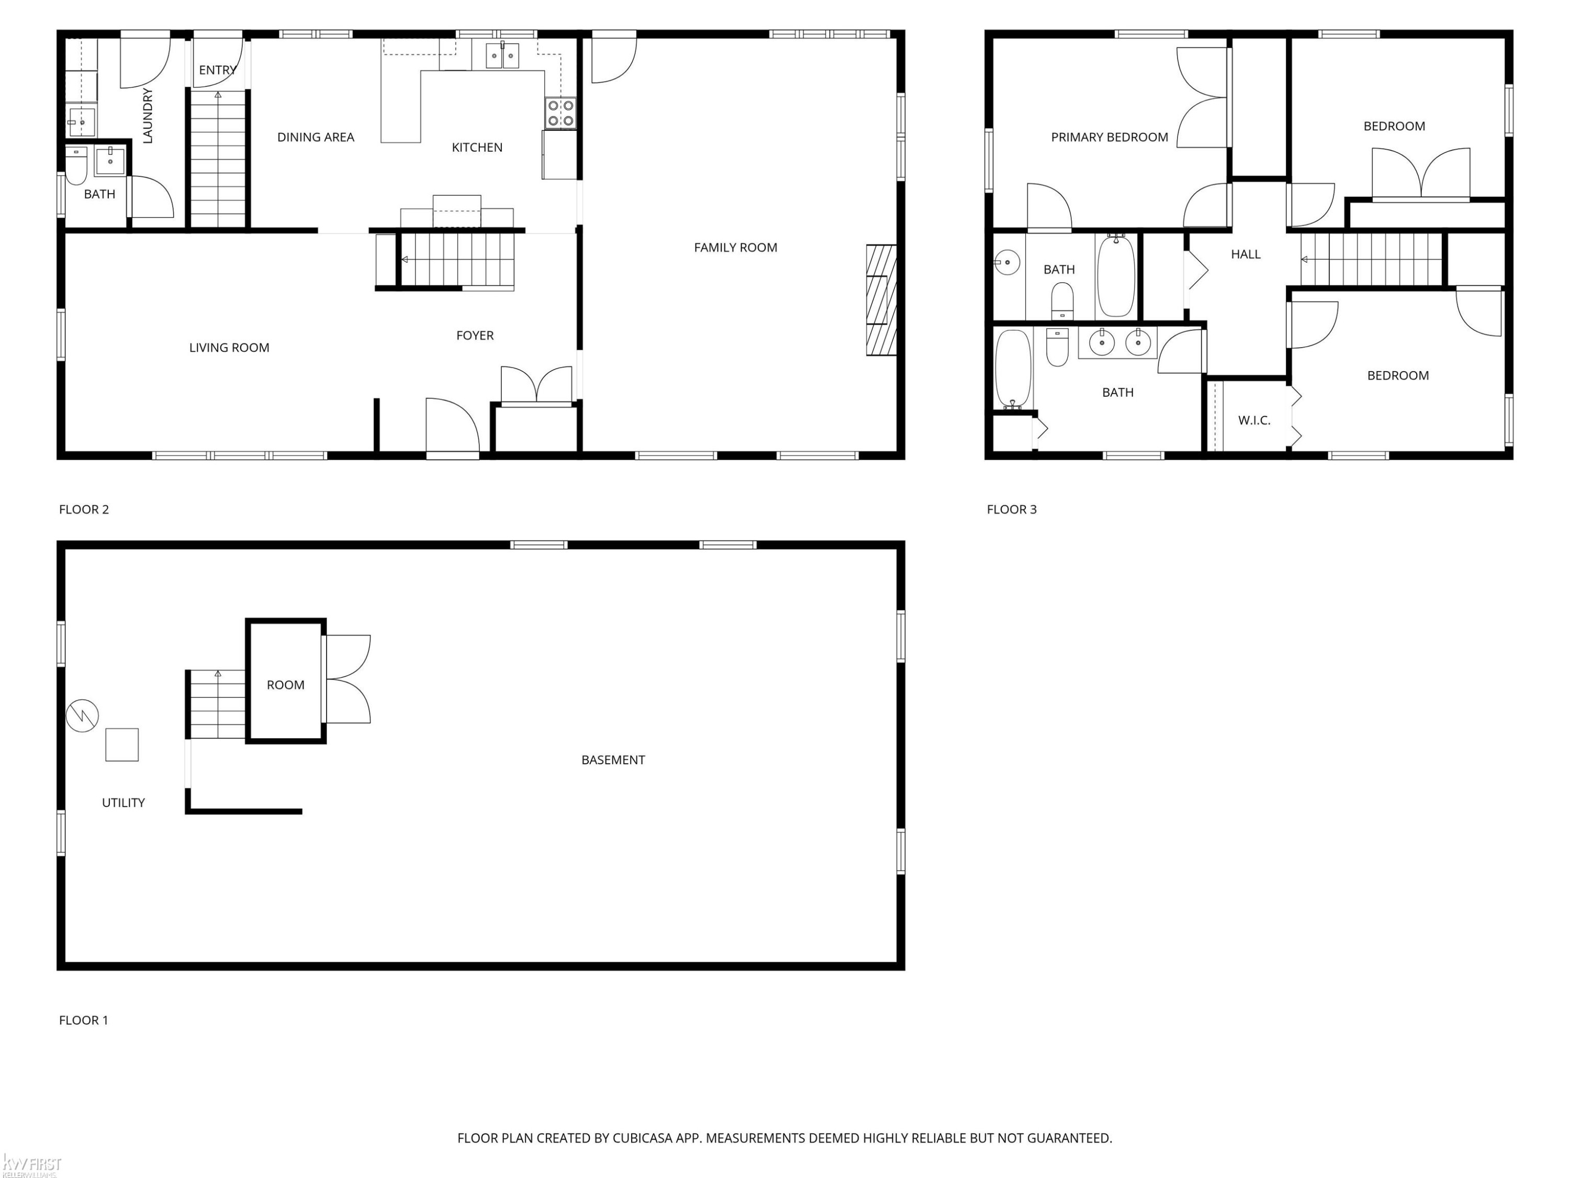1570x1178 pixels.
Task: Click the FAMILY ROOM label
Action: (735, 247)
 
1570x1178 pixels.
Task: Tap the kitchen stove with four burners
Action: (560, 114)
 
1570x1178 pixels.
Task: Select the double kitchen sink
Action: (502, 54)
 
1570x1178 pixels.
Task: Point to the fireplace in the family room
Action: (881, 299)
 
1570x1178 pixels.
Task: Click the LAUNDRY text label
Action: (148, 115)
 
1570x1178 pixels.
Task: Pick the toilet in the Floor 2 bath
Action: (76, 165)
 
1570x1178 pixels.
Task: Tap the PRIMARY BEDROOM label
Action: (1109, 137)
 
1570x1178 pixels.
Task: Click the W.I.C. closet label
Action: (1254, 420)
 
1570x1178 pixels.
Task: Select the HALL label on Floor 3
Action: (1246, 254)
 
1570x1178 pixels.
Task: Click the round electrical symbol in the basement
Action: (82, 715)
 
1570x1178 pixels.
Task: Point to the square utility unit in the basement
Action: (122, 745)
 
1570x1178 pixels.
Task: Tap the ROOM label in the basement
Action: (285, 684)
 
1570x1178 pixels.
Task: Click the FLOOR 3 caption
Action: (1012, 509)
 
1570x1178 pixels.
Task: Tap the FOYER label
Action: (475, 335)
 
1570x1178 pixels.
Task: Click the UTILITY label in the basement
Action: (124, 803)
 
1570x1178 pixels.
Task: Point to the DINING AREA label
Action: (316, 137)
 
